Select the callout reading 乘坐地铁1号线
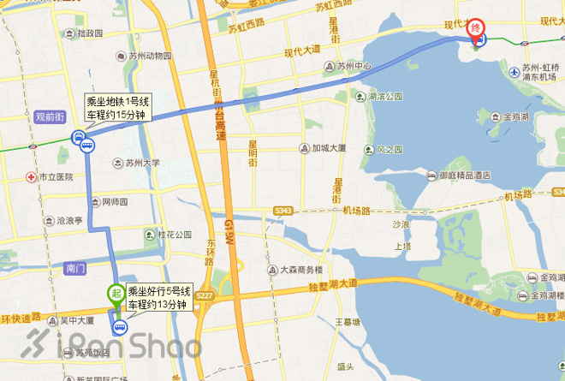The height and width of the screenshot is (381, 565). [117, 108]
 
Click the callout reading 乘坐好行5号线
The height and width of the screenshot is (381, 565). [159, 297]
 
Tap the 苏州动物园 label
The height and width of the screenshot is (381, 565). [148, 57]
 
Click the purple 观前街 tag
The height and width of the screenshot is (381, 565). [51, 116]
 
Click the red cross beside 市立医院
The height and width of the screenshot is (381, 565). [30, 177]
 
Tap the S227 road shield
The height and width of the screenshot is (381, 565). [204, 296]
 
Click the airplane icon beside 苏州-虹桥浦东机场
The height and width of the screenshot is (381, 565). [513, 68]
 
